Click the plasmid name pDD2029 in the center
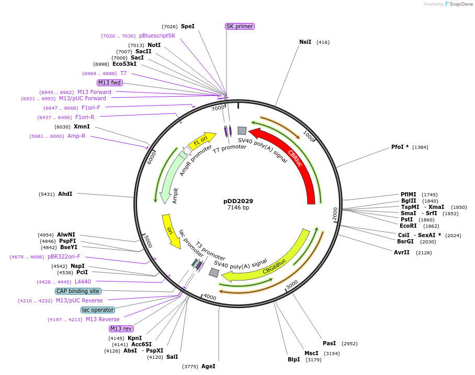point(238,201)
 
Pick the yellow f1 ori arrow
point(201,140)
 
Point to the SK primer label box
point(240,26)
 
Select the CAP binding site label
point(78,291)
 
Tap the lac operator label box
point(98,310)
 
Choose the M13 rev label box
point(121,329)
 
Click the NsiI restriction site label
point(305,42)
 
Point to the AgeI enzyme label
point(208,366)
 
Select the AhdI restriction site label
point(65,194)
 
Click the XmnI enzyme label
point(82,126)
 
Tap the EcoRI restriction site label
point(408,226)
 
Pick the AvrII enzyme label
point(402,252)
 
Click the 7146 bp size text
point(238,208)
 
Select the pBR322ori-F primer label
point(64,256)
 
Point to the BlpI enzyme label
point(294,359)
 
